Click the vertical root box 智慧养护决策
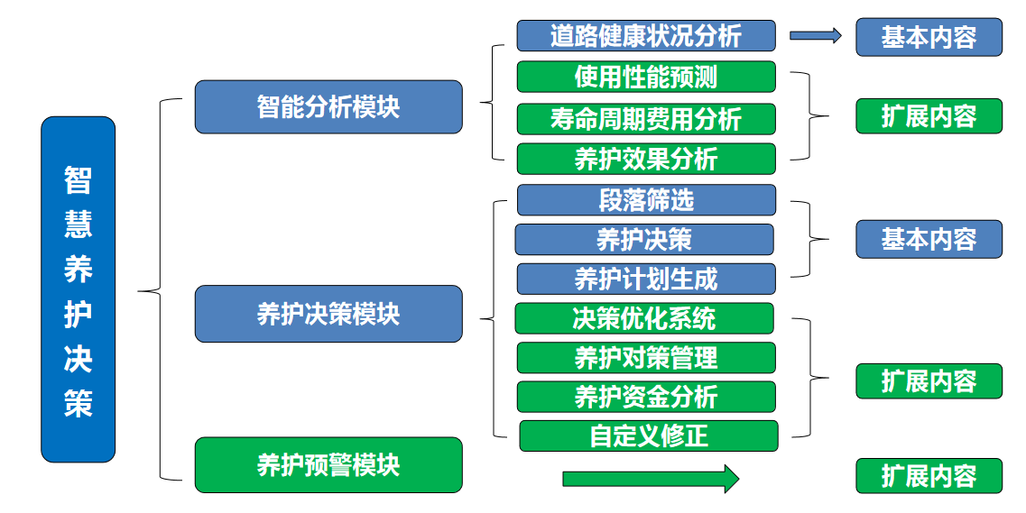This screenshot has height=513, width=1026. pyautogui.click(x=79, y=289)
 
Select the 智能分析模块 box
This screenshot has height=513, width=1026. pyautogui.click(x=328, y=106)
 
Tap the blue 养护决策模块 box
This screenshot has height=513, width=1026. pyautogui.click(x=328, y=314)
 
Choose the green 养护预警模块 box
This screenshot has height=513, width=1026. pyautogui.click(x=328, y=465)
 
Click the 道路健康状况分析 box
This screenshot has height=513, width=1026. pyautogui.click(x=645, y=36)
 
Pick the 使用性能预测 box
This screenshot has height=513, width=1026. pyautogui.click(x=645, y=77)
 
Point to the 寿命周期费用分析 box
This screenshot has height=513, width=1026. pyautogui.click(x=645, y=118)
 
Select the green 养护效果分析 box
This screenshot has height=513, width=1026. pyautogui.click(x=645, y=159)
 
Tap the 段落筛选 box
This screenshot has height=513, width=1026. pyautogui.click(x=645, y=200)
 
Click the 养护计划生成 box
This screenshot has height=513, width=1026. pyautogui.click(x=645, y=279)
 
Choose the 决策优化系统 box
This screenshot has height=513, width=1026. pyautogui.click(x=643, y=318)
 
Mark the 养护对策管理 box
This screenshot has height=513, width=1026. pyautogui.click(x=645, y=357)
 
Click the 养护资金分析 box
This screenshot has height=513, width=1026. pyautogui.click(x=645, y=397)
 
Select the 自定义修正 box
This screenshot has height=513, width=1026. pyautogui.click(x=648, y=436)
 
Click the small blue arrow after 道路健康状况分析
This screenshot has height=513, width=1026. pyautogui.click(x=815, y=36)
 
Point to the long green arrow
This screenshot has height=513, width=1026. pyautogui.click(x=650, y=478)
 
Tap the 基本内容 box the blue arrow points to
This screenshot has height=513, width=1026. pyautogui.click(x=929, y=37)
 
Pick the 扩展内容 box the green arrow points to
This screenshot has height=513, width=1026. pyautogui.click(x=929, y=475)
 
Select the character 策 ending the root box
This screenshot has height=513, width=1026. pyautogui.click(x=79, y=403)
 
